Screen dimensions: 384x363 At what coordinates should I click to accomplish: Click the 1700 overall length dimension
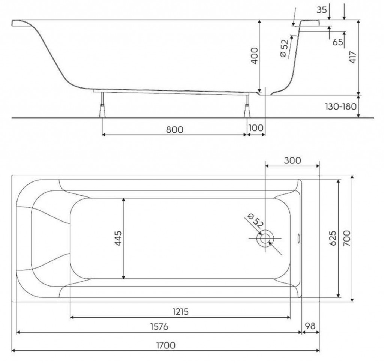click(166, 345)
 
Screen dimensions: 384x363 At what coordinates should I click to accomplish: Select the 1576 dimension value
click(159, 327)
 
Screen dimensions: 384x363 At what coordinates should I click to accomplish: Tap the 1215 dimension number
click(180, 312)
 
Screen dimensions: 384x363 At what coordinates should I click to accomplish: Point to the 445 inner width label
click(118, 238)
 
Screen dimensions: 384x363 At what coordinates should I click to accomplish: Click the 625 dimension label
click(333, 238)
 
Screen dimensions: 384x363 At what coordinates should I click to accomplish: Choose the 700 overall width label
click(347, 238)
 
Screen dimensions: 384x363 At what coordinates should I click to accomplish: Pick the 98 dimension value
click(310, 326)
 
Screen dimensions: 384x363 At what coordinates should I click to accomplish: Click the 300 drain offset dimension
click(292, 160)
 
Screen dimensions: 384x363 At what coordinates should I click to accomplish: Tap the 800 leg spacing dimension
click(174, 130)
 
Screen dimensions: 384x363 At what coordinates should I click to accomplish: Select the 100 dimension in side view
click(256, 128)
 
